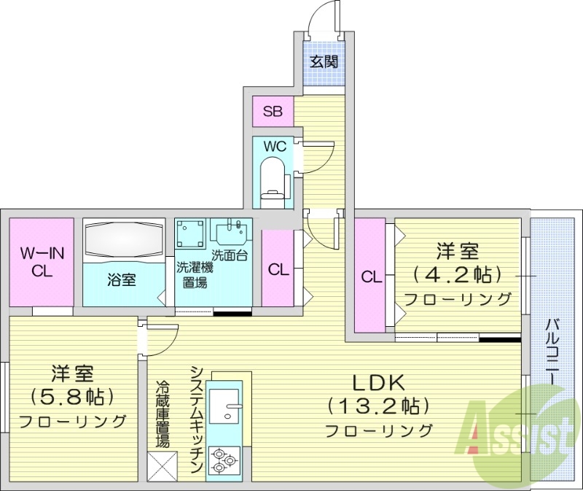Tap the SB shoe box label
coord(273,112)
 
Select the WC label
coord(274,146)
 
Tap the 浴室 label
coord(122,280)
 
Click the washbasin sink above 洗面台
coord(231,232)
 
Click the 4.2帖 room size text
coord(458,274)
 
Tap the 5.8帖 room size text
coord(72,397)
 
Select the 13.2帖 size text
coord(377,406)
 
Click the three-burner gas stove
coord(223,460)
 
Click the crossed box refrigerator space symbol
coord(162,466)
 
